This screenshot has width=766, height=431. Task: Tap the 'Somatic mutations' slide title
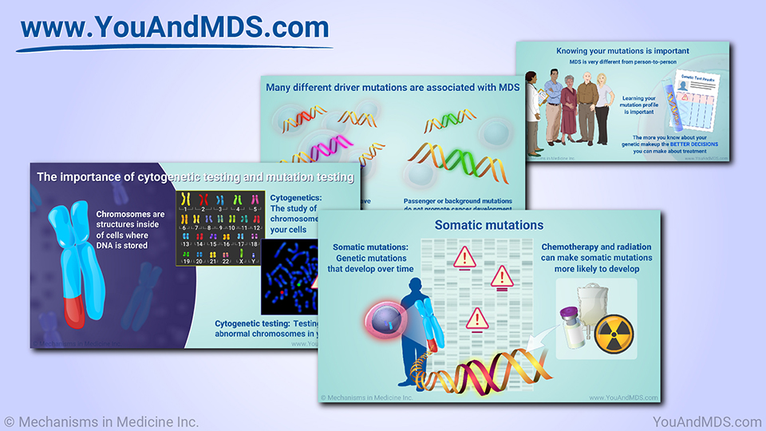(488, 226)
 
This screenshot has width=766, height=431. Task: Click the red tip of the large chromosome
(72, 311)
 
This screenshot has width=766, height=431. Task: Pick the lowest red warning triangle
(478, 319)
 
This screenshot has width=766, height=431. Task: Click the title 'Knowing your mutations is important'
(622, 51)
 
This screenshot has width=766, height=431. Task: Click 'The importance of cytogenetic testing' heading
(195, 177)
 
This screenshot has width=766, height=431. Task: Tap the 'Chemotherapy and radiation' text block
(596, 258)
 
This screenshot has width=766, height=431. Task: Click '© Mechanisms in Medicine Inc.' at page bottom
(101, 421)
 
